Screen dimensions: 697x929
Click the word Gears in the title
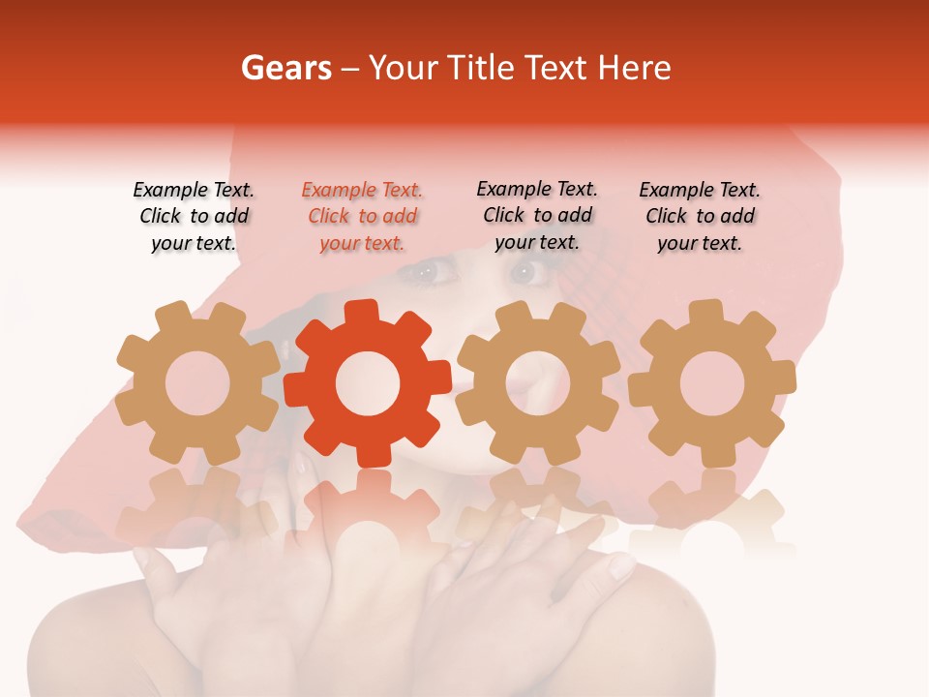pos(285,68)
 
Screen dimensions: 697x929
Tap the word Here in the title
pos(633,68)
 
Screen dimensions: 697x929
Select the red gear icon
pos(368,383)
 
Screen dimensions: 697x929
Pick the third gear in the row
pos(538,383)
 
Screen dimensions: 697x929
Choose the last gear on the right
pos(712,383)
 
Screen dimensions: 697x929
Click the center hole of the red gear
pos(368,383)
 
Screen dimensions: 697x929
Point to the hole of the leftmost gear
pos(196,383)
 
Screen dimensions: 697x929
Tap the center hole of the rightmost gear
pos(712,383)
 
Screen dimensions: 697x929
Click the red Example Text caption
pos(362,217)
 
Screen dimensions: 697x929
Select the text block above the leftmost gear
pos(194,217)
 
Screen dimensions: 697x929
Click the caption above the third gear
pos(537,216)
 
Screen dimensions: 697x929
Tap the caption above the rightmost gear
pos(700,217)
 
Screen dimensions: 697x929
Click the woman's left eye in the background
pos(527,274)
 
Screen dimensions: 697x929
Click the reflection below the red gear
pos(368,523)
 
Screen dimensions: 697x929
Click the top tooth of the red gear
pos(362,313)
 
